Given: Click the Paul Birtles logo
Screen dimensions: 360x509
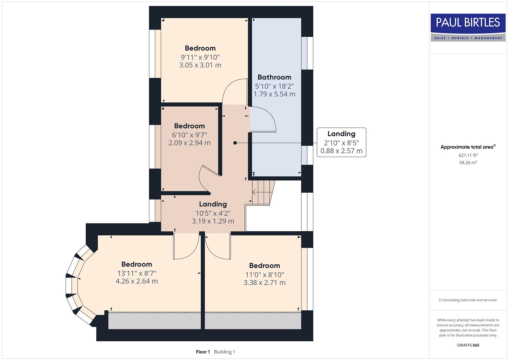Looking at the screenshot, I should [468, 27].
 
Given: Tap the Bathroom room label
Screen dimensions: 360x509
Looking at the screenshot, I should [274, 77].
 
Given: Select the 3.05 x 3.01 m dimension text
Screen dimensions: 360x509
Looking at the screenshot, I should [200, 65].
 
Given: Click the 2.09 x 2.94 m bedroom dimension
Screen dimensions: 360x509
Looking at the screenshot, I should [189, 143].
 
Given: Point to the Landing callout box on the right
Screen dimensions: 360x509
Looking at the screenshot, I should [341, 142].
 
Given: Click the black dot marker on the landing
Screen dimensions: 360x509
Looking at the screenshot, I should [235, 143].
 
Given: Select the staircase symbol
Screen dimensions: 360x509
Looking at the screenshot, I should [262, 192].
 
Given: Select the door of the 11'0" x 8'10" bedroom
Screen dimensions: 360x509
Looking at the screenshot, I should [217, 247].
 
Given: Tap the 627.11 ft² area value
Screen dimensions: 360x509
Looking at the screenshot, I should [468, 155].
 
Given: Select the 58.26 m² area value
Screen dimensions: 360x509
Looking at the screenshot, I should [468, 163].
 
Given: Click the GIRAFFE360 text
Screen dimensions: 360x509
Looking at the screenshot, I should [468, 345].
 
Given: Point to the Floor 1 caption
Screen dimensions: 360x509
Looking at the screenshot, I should [203, 352].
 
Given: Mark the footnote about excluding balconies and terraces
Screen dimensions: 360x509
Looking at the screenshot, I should [468, 300].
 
